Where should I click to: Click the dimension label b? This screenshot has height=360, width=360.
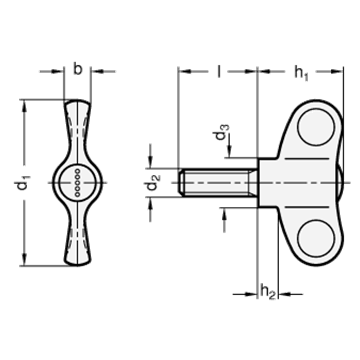click(x=77, y=70)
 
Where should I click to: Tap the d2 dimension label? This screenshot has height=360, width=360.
click(x=154, y=182)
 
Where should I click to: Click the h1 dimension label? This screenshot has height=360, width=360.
click(x=301, y=72)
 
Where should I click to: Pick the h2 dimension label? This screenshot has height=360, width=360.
click(x=268, y=291)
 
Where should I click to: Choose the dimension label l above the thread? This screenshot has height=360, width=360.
click(x=219, y=71)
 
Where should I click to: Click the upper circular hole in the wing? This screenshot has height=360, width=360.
click(x=316, y=127)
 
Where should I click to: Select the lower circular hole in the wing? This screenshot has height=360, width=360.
click(x=316, y=238)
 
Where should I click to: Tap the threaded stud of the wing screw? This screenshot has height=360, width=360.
click(x=218, y=183)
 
